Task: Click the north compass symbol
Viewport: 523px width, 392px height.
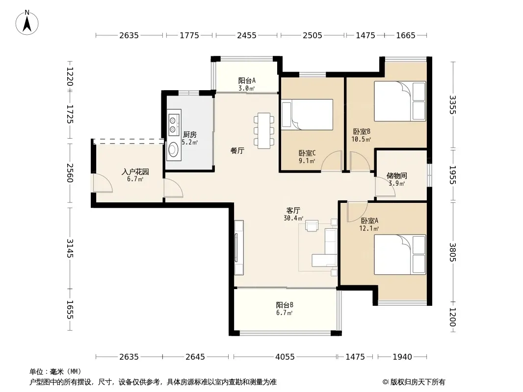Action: coord(27,23)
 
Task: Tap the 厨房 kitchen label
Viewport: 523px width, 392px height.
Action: coord(189,135)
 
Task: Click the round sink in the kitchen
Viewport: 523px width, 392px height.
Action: coord(174,149)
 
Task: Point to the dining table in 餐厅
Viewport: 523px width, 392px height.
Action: coord(264,130)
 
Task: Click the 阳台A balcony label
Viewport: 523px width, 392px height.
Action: coord(247,80)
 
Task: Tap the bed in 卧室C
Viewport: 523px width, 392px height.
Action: coord(307,115)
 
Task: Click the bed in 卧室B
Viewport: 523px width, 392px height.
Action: coord(400,101)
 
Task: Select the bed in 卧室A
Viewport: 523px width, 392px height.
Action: coord(400,254)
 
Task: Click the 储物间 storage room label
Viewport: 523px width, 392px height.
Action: coord(396,175)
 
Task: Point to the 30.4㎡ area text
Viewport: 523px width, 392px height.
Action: coord(293,219)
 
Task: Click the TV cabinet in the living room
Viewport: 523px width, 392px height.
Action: coord(239,247)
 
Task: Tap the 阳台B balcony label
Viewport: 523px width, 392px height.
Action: coord(285,305)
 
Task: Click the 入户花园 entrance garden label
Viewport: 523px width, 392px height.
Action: coord(135,172)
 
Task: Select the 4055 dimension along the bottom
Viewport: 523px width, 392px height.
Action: coord(285,357)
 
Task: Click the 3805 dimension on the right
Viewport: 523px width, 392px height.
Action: coord(452,252)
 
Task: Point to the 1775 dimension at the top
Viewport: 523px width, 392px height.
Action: coord(189,35)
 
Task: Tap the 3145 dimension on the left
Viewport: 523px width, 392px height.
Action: coord(70,248)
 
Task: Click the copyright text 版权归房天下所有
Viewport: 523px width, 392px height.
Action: coord(417,382)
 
